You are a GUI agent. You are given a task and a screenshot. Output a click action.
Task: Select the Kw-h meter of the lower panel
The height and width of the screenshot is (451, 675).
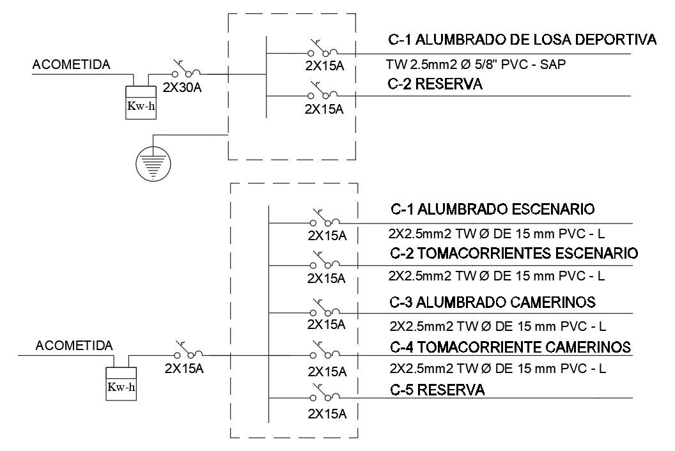pyautogui.click(x=123, y=383)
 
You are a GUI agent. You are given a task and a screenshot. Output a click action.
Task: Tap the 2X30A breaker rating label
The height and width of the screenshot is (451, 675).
pyautogui.click(x=183, y=88)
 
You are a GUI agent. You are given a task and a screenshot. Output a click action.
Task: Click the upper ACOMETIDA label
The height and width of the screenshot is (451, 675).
pyautogui.click(x=71, y=65)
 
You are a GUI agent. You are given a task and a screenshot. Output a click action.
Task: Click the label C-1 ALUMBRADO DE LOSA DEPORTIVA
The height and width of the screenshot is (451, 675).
pyautogui.click(x=522, y=41)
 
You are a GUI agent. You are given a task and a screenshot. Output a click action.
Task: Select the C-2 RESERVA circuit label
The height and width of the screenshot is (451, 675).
pyautogui.click(x=435, y=84)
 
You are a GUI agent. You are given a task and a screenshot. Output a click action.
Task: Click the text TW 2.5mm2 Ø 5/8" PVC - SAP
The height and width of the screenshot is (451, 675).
pyautogui.click(x=476, y=65)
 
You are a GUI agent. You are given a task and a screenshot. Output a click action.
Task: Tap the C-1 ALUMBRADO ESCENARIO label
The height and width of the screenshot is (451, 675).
pyautogui.click(x=492, y=210)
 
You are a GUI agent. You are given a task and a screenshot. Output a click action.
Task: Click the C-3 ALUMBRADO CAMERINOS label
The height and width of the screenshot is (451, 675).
pyautogui.click(x=493, y=301)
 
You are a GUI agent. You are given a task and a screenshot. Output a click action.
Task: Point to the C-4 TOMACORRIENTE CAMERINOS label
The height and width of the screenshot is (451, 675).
pyautogui.click(x=510, y=347)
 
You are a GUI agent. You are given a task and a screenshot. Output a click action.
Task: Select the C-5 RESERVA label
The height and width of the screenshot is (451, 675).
pyautogui.click(x=437, y=389)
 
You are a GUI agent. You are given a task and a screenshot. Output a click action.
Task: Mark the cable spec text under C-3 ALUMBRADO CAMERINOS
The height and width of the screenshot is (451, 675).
pyautogui.click(x=497, y=325)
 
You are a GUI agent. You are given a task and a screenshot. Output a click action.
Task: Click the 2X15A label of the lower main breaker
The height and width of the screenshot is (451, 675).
pyautogui.click(x=184, y=369)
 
